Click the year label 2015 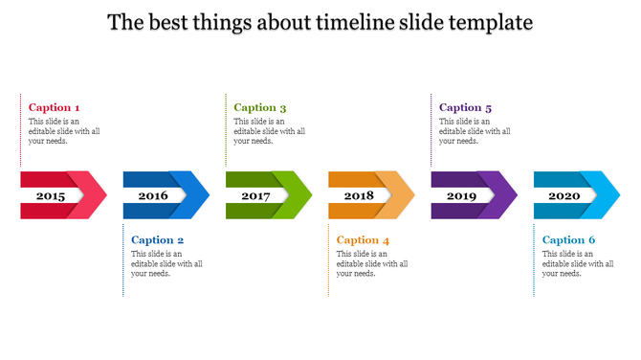coord(51,195)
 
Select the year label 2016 coord(153,195)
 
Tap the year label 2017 coord(255,195)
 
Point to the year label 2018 coord(359,195)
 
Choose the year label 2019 coord(461,195)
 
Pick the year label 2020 coord(564,195)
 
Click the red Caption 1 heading coord(55,107)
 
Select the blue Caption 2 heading coord(158,239)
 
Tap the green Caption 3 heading coord(260,107)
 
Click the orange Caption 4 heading coord(364,239)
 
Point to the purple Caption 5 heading coord(466,107)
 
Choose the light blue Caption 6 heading coord(568,239)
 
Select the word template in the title coord(487,22)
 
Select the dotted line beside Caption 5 coord(431,130)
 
